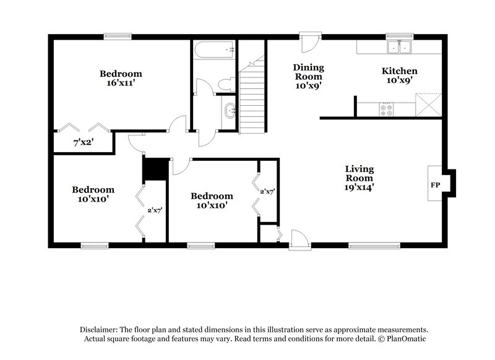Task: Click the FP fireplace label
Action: click(435, 184)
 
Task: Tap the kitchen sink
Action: click(399, 48)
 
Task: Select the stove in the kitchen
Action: click(387, 109)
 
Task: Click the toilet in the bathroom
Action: click(225, 85)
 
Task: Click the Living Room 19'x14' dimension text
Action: click(359, 185)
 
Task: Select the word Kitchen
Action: click(398, 71)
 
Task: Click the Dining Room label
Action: click(308, 72)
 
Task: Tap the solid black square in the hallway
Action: click(155, 168)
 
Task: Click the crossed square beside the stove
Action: click(428, 104)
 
